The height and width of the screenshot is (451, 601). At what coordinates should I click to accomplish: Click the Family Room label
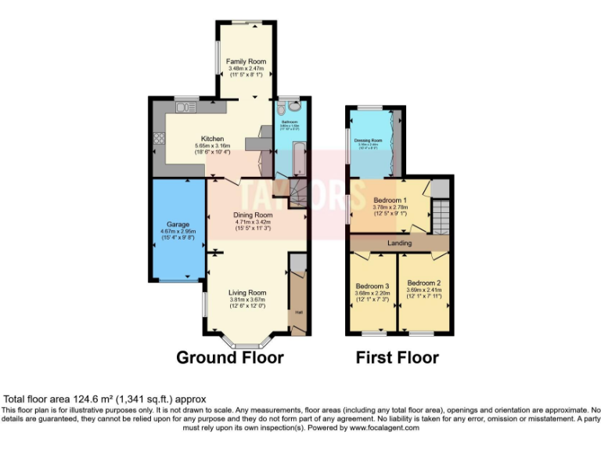pyautogui.click(x=247, y=61)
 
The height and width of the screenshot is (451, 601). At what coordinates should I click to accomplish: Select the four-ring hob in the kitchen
pyautogui.click(x=159, y=139)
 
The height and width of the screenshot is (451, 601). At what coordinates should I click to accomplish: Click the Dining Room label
pyautogui.click(x=254, y=215)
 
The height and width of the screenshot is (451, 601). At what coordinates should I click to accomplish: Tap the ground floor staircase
pyautogui.click(x=296, y=192)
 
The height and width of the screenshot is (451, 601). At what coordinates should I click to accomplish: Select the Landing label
pyautogui.click(x=400, y=243)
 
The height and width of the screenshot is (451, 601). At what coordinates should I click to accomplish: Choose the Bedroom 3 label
pyautogui.click(x=372, y=286)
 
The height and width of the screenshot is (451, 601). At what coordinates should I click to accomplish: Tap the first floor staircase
pyautogui.click(x=442, y=215)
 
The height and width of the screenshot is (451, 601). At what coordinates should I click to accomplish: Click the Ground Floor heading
pyautogui.click(x=229, y=358)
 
